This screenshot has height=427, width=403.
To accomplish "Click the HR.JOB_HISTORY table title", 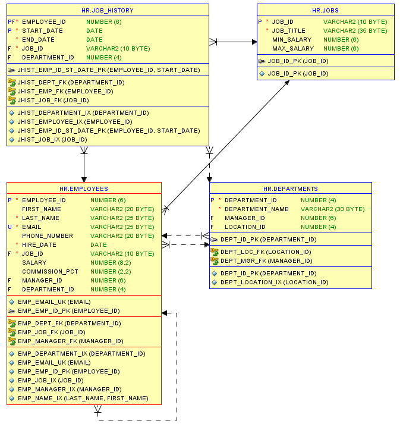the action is pyautogui.click(x=108, y=10).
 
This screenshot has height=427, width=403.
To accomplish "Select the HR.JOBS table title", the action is pyautogui.click(x=325, y=10).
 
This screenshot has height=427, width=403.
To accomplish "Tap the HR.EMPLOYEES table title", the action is pyautogui.click(x=84, y=189).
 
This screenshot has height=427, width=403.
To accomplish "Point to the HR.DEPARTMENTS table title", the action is pyautogui.click(x=290, y=189).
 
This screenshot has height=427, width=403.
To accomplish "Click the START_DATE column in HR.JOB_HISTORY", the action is pyautogui.click(x=42, y=31).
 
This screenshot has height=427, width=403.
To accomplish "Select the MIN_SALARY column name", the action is pyautogui.click(x=292, y=40).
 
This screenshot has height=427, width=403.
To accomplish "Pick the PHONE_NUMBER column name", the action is pyautogui.click(x=48, y=236).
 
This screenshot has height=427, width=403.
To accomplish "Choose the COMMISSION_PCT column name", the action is pyautogui.click(x=50, y=272).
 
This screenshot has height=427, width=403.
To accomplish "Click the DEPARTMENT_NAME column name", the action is pyautogui.click(x=257, y=209).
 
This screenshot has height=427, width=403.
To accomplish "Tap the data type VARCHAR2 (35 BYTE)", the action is pyautogui.click(x=355, y=31).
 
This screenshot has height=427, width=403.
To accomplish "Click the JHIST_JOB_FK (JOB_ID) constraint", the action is pyautogui.click(x=53, y=101).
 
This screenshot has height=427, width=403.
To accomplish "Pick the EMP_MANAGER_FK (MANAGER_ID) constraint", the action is pyautogui.click(x=71, y=341).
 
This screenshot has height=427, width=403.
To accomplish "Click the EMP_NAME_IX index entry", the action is pyautogui.click(x=83, y=398).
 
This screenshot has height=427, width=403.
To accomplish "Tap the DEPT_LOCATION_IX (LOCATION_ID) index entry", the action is pyautogui.click(x=274, y=282).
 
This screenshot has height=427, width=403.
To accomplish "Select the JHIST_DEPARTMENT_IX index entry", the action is pyautogui.click(x=83, y=113).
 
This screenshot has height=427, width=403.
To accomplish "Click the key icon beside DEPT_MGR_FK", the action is pyautogui.click(x=215, y=261).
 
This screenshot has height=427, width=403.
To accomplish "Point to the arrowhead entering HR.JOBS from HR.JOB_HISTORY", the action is pyautogui.click(x=254, y=42).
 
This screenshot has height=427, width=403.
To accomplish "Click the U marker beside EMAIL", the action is pyautogui.click(x=10, y=227).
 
